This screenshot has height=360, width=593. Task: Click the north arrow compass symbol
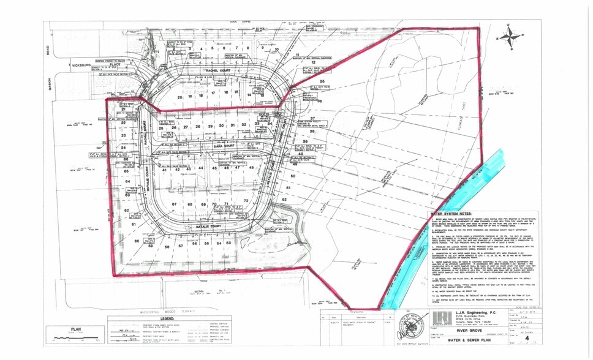click(x=510, y=36)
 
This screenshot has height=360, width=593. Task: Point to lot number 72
click(x=246, y=200)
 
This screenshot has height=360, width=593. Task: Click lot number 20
click(x=181, y=97)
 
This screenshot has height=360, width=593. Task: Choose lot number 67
click(x=175, y=203)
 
